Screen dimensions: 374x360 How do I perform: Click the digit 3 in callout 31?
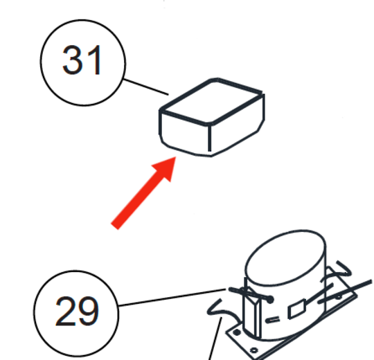(x=71, y=60)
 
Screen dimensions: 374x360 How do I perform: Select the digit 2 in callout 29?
(x=65, y=311)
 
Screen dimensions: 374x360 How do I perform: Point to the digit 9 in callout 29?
(x=88, y=311)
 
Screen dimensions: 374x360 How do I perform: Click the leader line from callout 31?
(x=146, y=87)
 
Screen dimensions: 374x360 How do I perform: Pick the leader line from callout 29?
(x=172, y=297)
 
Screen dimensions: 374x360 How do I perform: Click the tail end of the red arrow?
(x=115, y=226)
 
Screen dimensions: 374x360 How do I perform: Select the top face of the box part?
(x=211, y=101)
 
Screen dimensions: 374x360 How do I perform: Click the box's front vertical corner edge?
(x=210, y=138)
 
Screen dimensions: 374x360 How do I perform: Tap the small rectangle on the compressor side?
(x=297, y=309)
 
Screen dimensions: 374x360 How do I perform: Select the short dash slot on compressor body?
(x=272, y=319)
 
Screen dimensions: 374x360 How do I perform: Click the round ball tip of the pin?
(x=270, y=300)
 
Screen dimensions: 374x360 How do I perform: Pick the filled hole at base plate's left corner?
(x=236, y=332)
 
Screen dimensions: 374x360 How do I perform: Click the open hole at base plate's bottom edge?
(x=254, y=350)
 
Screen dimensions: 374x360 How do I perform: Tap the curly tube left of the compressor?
(x=222, y=310)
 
